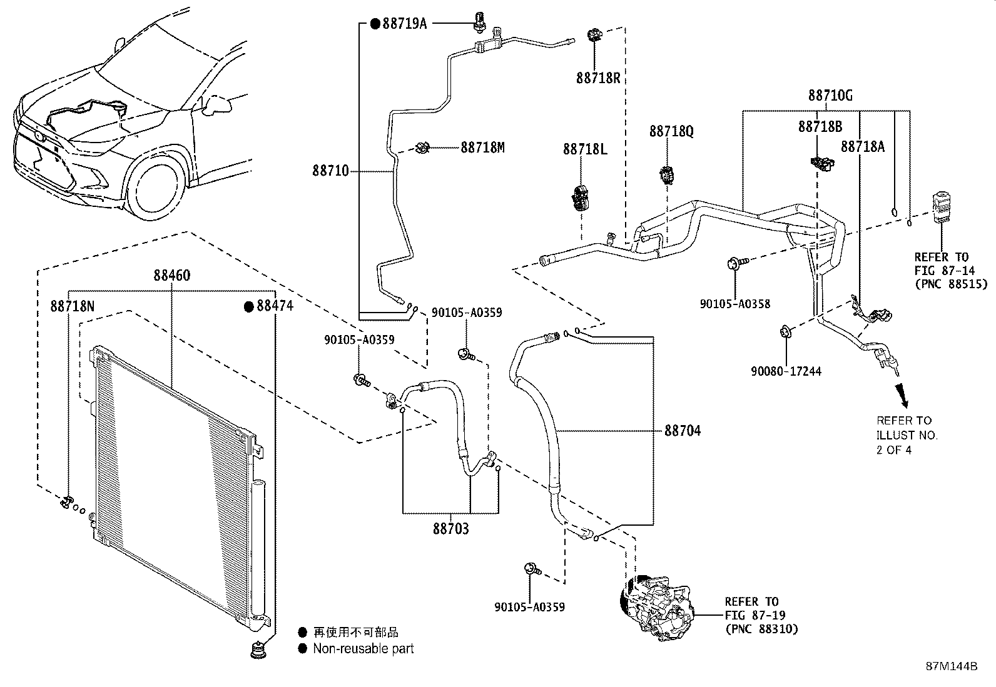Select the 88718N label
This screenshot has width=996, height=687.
click(x=73, y=306)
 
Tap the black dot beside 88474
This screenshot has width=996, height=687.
click(x=248, y=306)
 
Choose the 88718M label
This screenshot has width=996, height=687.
click(x=482, y=148)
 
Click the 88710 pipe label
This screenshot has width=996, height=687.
click(x=330, y=171)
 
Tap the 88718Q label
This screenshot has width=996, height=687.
click(x=671, y=131)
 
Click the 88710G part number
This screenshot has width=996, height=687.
click(x=830, y=96)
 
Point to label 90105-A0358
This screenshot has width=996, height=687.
click(x=735, y=304)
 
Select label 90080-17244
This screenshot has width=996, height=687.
click(x=786, y=371)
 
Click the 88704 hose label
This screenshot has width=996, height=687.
click(x=683, y=431)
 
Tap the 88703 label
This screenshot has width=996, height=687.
click(x=450, y=529)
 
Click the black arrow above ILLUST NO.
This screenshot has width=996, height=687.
click(x=902, y=393)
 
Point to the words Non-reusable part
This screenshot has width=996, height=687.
click(x=363, y=649)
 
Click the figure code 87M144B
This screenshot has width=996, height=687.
click(x=952, y=666)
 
